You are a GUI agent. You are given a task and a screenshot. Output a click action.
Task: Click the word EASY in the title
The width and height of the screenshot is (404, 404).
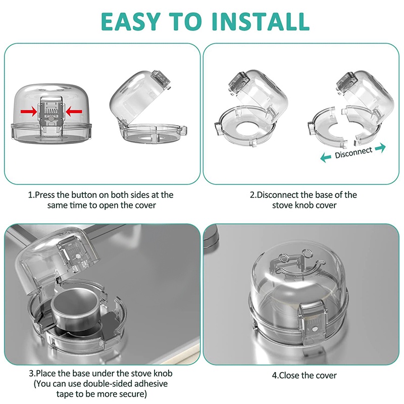coord(131,21)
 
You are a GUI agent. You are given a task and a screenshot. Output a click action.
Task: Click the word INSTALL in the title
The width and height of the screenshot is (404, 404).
coord(261,21)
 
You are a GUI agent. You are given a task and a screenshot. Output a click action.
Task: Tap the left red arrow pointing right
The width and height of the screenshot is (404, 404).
coord(29,112)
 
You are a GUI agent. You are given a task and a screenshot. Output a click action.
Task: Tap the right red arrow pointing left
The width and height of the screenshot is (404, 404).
coord(74,112)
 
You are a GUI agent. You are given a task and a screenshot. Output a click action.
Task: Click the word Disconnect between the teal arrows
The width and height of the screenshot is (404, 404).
coord(353,153)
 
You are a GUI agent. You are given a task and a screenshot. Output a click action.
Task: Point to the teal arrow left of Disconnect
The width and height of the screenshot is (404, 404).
coord(326,158)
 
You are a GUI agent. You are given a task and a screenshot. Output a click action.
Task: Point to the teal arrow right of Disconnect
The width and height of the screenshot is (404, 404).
coord(381,148)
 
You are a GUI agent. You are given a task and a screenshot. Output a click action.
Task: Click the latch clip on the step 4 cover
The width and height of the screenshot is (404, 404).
coord(313,324)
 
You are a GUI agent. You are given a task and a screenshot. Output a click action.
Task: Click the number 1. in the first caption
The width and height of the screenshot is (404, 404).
coord(31,195)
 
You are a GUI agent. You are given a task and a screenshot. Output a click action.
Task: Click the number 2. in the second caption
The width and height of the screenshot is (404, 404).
coord(254,195)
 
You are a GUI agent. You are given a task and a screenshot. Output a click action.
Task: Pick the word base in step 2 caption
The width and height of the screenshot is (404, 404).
coord(323,195)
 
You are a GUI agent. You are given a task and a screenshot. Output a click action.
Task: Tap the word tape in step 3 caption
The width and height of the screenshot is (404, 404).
coord(63,394)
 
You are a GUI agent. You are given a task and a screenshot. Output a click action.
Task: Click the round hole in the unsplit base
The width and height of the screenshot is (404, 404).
coord(245,128)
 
